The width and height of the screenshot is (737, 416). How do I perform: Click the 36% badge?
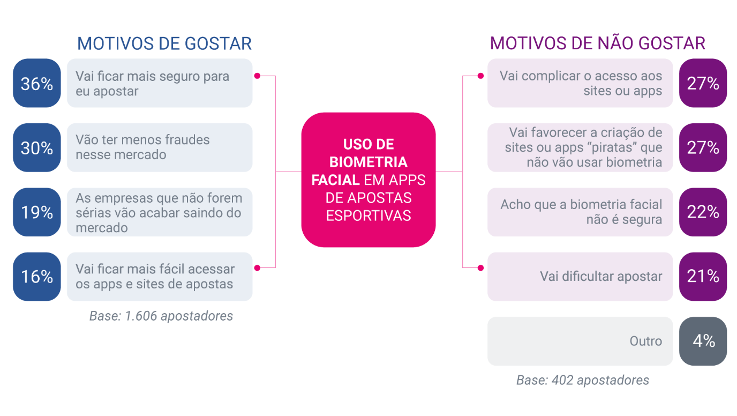pos(37,83)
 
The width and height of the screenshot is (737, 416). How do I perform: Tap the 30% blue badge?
pos(37,147)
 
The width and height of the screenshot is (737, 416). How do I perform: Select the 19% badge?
pos(37,212)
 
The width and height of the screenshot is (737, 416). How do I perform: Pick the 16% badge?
pos(37,277)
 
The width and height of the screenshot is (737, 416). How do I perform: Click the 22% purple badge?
pos(703,212)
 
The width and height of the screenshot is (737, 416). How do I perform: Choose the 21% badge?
pos(703,277)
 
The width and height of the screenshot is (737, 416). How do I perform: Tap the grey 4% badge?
pos(703,341)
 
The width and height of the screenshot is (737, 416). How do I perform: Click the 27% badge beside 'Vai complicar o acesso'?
pos(703,83)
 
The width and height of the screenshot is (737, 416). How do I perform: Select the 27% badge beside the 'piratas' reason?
pos(703,147)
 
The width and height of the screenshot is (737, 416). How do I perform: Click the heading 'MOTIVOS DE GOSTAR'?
pos(164,43)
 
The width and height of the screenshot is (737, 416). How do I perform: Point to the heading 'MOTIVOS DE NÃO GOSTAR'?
pos(598,43)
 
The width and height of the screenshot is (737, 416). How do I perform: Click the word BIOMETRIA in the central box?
pos(368,162)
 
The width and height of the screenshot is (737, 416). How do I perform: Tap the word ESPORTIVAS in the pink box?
pos(368,216)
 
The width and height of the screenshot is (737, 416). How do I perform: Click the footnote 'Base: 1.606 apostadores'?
pos(161,316)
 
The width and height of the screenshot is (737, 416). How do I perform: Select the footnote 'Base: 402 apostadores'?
pos(583,381)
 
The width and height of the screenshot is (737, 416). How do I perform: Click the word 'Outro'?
pos(646,341)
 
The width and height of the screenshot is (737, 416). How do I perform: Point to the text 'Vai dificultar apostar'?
pos(601,277)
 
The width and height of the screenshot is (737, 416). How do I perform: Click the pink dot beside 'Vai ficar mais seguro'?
pos(257,76)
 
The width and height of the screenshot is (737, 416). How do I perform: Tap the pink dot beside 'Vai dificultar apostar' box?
pos(480,268)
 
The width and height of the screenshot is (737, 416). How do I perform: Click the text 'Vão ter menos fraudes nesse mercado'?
pos(142,147)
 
